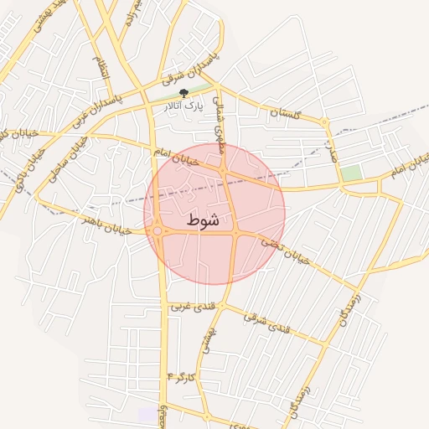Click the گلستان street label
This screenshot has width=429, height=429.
click(x=286, y=111)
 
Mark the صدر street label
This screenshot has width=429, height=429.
click(x=333, y=151)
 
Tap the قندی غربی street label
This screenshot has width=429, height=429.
click(x=193, y=308)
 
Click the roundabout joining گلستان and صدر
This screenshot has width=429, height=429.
click(x=325, y=122)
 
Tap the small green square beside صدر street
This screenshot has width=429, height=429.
click(x=351, y=173)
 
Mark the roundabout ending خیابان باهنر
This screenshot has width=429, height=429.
click(x=158, y=231)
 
